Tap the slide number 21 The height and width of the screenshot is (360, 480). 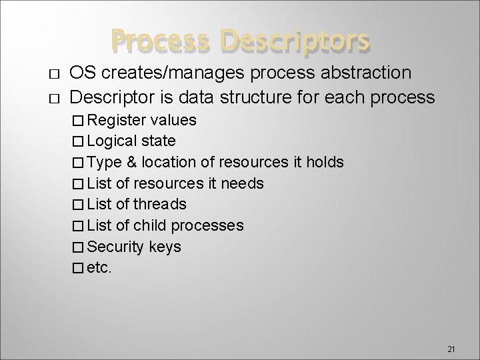(450, 331)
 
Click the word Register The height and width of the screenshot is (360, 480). (117, 120)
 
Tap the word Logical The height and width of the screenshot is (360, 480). (113, 141)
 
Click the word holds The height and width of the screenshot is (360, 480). (325, 162)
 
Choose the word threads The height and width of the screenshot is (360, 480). (161, 204)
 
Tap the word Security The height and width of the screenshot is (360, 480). (115, 247)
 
